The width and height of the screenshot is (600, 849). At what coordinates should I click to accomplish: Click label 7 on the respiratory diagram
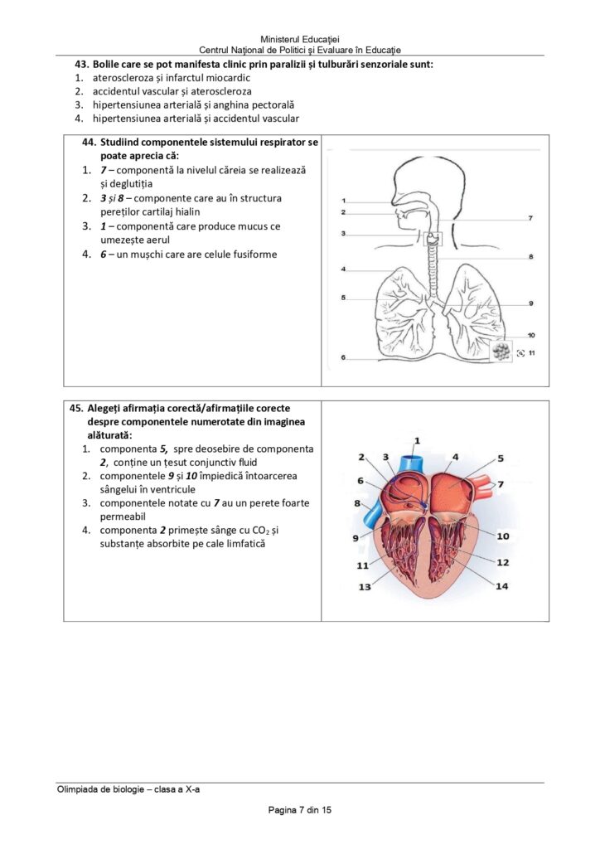point(530,218)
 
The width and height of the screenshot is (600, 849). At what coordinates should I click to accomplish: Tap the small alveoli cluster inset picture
point(500,351)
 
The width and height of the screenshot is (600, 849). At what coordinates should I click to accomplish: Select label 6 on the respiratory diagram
point(342,357)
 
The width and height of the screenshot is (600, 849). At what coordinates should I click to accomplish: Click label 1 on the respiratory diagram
point(342,201)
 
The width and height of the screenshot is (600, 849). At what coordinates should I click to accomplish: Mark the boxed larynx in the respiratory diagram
point(433,240)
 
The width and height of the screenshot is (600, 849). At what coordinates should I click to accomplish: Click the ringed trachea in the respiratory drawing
point(432,274)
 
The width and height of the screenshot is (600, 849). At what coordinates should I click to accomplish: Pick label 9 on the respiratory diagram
point(530,303)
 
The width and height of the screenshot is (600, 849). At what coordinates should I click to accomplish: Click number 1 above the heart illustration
point(417,440)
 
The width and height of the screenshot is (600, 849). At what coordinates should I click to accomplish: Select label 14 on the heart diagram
point(501,586)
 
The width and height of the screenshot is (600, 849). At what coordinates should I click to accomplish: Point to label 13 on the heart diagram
point(365,587)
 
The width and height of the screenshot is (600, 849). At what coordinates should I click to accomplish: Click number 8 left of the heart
point(357,503)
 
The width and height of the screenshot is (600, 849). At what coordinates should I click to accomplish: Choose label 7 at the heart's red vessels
point(500,483)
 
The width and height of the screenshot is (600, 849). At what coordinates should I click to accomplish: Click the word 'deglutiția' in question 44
point(124,183)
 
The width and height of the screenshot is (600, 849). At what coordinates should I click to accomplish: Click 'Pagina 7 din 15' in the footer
point(299,810)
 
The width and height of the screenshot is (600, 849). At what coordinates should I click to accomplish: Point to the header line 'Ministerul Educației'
point(299,39)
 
